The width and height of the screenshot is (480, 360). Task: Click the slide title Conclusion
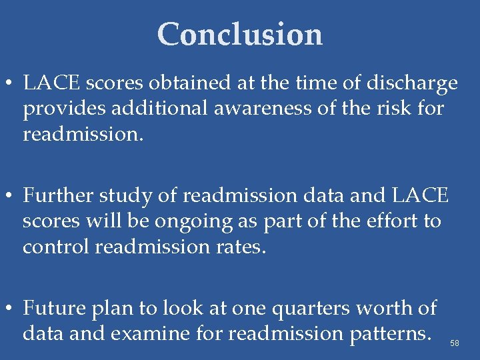point(240,34)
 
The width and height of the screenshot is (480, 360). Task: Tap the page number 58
point(455,343)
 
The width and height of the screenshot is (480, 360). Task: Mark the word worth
point(395,308)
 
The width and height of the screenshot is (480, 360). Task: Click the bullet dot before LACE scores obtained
point(12,85)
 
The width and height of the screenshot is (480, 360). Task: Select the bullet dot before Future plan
point(12,309)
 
